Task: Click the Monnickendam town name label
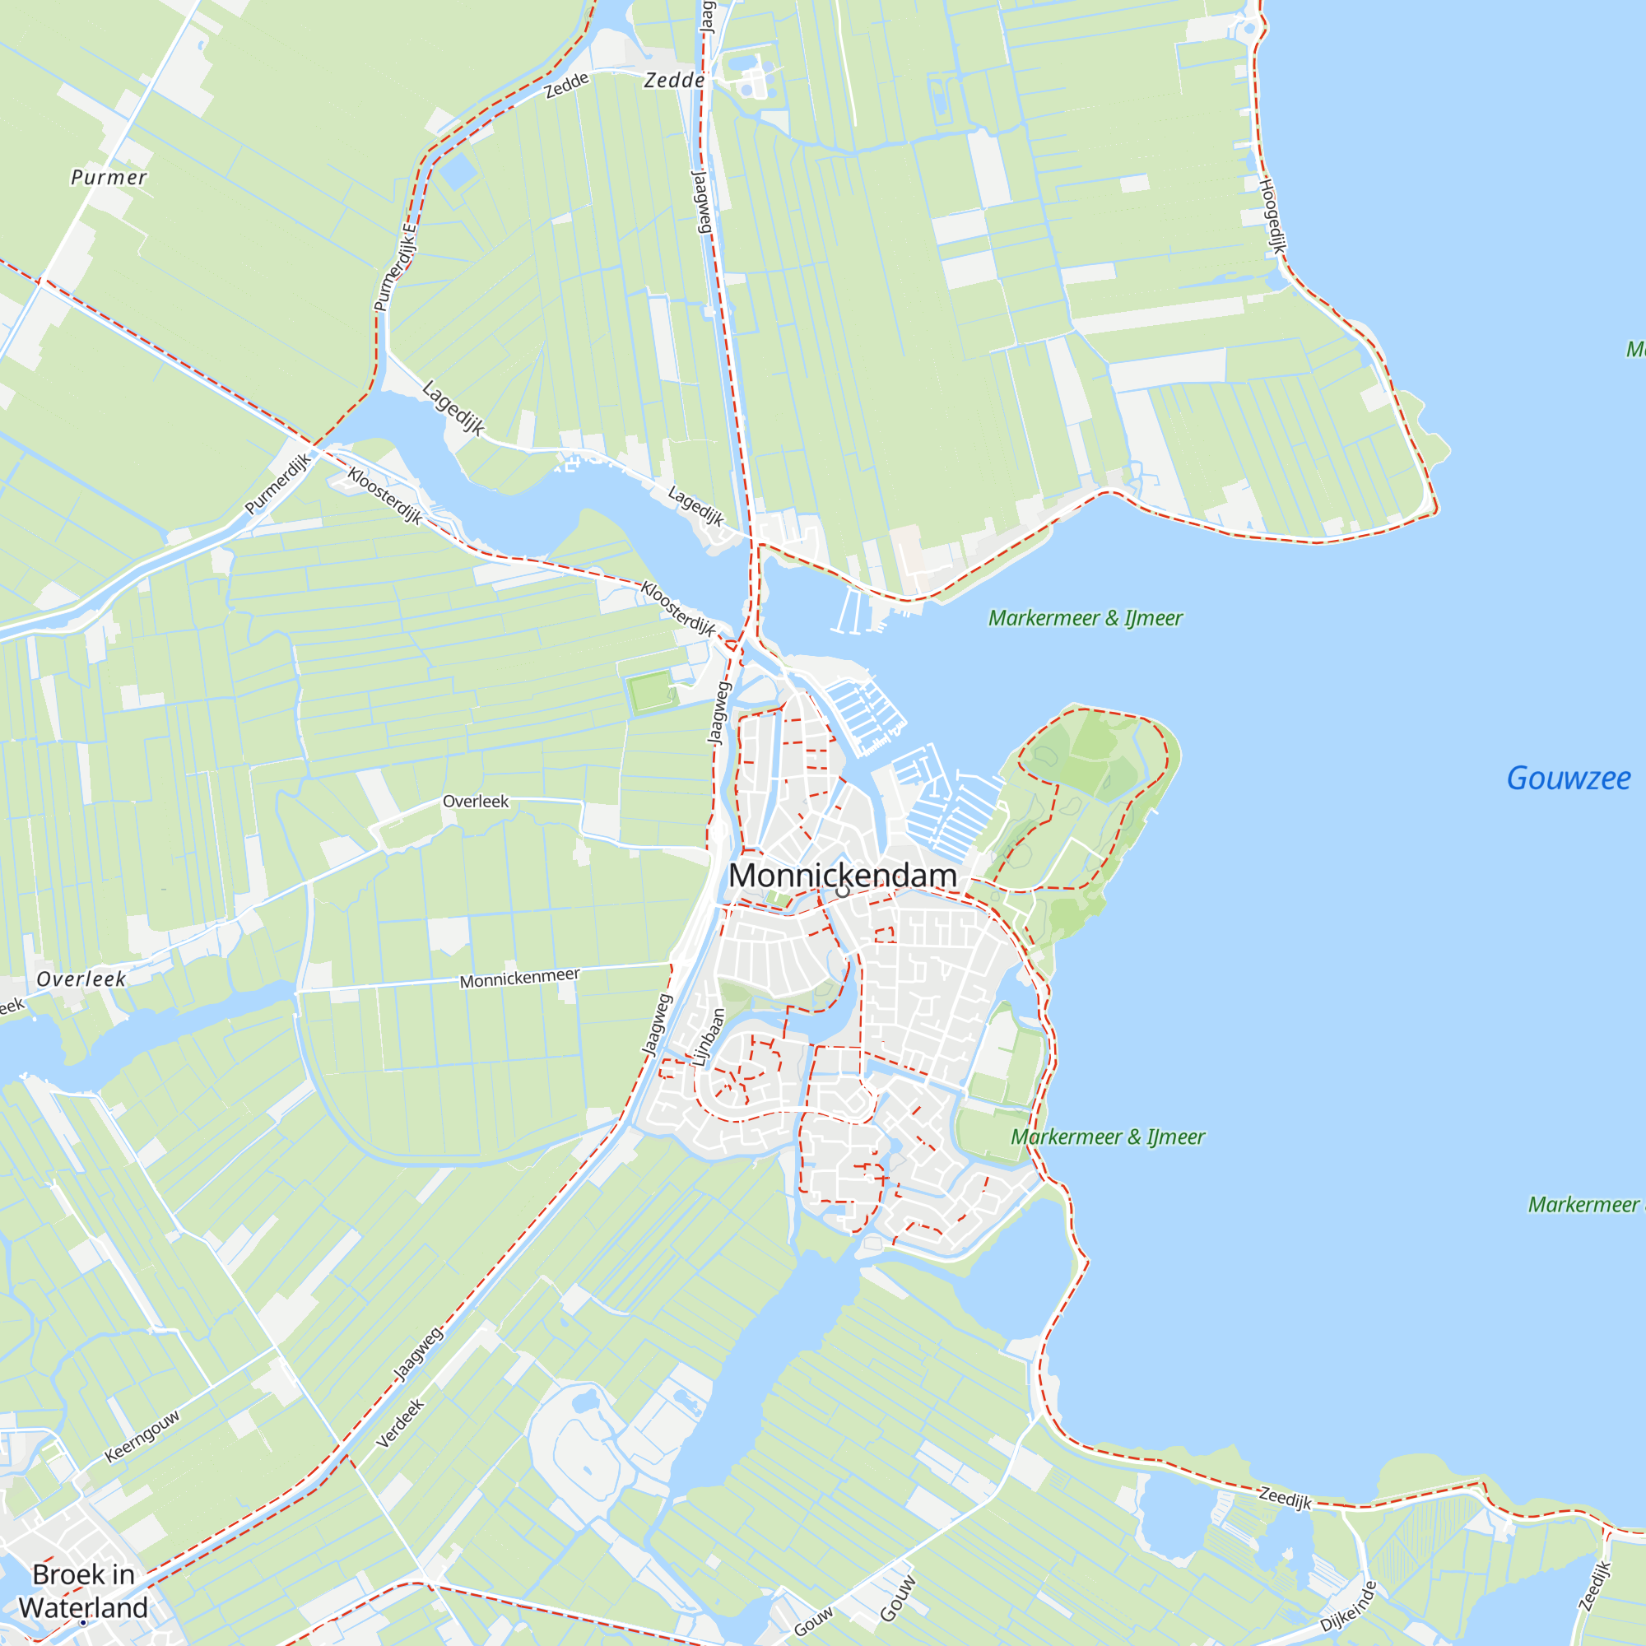(843, 875)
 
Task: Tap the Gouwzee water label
(1568, 778)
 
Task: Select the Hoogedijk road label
(1272, 216)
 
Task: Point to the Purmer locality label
(109, 177)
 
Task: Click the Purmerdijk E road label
(396, 267)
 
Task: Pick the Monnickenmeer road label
(519, 978)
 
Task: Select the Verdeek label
(400, 1424)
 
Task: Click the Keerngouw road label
(142, 1436)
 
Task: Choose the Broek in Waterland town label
(83, 1591)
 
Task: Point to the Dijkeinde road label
(1348, 1606)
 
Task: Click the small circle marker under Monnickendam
(844, 892)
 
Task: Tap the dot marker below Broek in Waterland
(83, 1623)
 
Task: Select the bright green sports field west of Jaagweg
(652, 693)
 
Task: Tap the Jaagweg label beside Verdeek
(418, 1353)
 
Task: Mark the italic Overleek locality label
(81, 979)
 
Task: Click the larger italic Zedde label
(674, 80)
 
